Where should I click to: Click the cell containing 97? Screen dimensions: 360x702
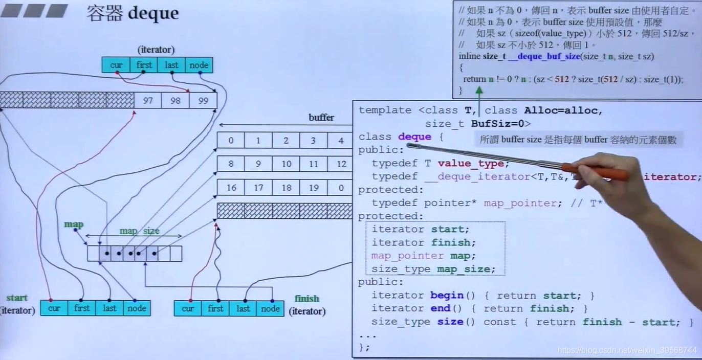click(x=148, y=100)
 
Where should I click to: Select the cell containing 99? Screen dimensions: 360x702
click(x=203, y=100)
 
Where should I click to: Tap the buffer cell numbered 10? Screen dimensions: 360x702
click(x=286, y=164)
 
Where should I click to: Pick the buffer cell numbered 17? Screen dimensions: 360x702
click(x=258, y=188)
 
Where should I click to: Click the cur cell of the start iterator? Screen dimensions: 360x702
click(x=54, y=308)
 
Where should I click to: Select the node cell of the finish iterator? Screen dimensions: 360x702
click(x=270, y=308)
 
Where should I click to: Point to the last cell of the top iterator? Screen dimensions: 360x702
click(x=171, y=65)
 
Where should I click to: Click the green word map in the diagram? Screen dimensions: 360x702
click(x=74, y=224)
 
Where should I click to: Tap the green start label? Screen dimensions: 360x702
click(x=17, y=298)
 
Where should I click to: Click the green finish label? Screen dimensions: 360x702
click(x=307, y=298)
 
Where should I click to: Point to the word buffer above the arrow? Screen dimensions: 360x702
click(x=321, y=118)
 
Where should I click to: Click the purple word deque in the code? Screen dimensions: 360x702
click(x=414, y=137)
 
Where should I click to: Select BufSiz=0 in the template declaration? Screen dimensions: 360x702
click(x=500, y=124)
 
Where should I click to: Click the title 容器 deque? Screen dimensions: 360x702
click(x=133, y=13)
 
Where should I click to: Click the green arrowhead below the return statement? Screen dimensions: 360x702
click(x=479, y=90)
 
